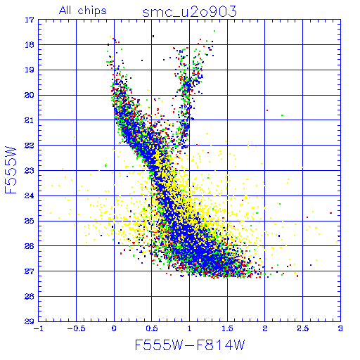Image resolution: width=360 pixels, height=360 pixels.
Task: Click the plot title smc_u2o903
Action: (189, 12)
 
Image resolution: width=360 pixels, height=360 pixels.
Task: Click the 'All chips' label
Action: (83, 11)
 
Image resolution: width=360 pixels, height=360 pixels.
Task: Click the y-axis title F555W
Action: (11, 170)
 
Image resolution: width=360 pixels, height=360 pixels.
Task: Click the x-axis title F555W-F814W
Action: (190, 345)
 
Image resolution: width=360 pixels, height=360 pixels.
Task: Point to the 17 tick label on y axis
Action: (30, 20)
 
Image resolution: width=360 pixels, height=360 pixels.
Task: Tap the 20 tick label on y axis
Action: (30, 95)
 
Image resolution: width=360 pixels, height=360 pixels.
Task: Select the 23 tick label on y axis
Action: (30, 171)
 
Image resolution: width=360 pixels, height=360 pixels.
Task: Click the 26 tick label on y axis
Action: (30, 246)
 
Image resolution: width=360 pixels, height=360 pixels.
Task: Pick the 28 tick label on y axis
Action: (30, 297)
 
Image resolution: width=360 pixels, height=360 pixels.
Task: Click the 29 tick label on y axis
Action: (30, 321)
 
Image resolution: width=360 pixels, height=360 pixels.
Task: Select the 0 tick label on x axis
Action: (114, 328)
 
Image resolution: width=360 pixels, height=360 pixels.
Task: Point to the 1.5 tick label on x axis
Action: (227, 328)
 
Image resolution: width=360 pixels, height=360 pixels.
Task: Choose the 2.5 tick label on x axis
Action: (303, 328)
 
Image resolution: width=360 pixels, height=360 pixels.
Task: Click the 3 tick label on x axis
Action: (340, 328)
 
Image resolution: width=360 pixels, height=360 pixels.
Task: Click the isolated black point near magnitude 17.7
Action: (153, 36)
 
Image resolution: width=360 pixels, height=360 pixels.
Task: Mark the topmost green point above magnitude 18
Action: (214, 31)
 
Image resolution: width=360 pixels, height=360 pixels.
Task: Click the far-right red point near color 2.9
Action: (330, 213)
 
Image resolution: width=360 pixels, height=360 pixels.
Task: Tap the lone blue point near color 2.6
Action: (311, 265)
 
